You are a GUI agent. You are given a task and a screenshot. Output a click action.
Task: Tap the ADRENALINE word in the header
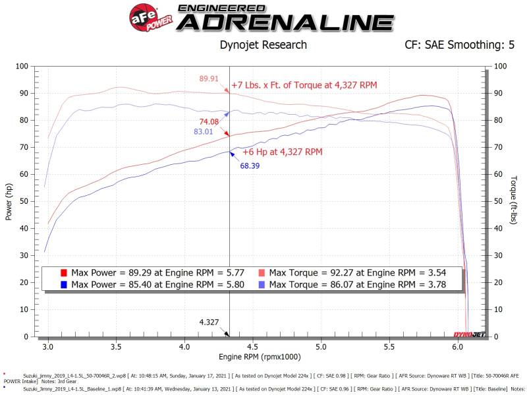click(285, 22)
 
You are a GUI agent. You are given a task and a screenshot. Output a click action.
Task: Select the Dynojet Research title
click(262, 45)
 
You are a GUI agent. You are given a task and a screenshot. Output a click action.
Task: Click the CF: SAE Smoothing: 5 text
click(460, 45)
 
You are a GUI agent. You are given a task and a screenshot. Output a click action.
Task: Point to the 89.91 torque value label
click(209, 79)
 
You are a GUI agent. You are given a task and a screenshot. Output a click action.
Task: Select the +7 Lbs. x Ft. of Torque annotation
click(304, 86)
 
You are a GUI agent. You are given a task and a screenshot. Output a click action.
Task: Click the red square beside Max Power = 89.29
click(63, 272)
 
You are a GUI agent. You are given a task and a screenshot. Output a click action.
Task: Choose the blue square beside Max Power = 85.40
click(63, 285)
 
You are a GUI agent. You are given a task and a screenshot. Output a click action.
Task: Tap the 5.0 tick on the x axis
click(321, 346)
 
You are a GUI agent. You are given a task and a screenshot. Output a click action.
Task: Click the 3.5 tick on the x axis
click(116, 346)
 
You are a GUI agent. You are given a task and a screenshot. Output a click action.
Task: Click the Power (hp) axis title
click(9, 201)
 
